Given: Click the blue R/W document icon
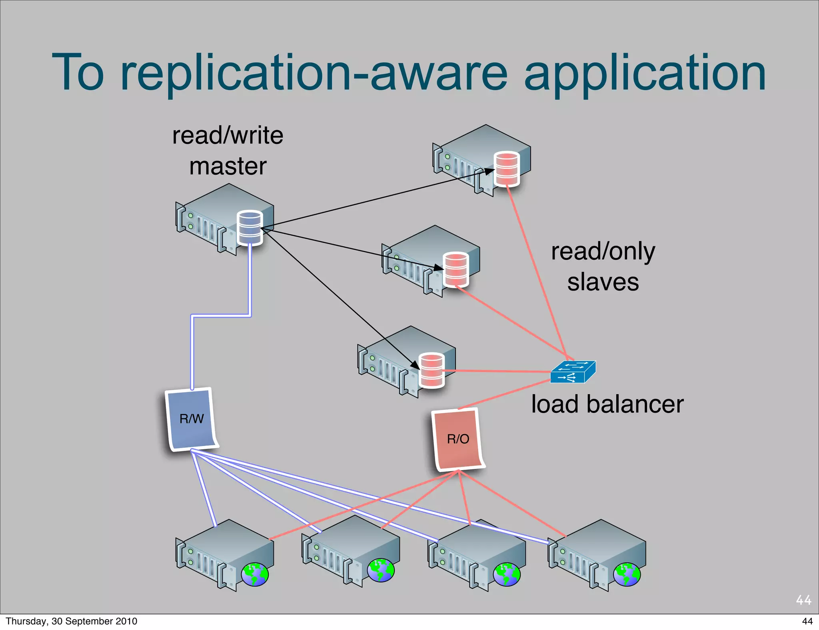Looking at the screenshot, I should tap(191, 419).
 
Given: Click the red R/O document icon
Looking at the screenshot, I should tap(458, 439).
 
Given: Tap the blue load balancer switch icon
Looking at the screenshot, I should tap(573, 372).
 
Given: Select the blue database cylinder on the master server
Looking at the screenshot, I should tap(250, 227).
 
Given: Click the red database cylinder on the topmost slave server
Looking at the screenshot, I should tap(507, 169).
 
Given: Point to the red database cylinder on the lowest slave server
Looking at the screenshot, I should tap(431, 370).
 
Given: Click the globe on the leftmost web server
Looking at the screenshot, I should tap(255, 574).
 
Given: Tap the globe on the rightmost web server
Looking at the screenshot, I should tap(627, 574).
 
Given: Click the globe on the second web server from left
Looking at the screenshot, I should tap(381, 570).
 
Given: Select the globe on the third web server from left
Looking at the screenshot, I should tap(507, 574).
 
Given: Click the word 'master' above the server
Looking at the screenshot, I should tap(228, 166).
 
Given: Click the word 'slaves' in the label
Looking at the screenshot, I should tap(603, 282).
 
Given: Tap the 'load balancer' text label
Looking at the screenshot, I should tap(607, 404).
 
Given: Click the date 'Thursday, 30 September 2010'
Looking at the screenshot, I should tap(71, 621).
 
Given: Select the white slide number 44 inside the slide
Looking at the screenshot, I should tap(803, 600).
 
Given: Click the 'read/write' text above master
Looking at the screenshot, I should tap(228, 136).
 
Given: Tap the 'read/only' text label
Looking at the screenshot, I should tap(603, 251).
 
